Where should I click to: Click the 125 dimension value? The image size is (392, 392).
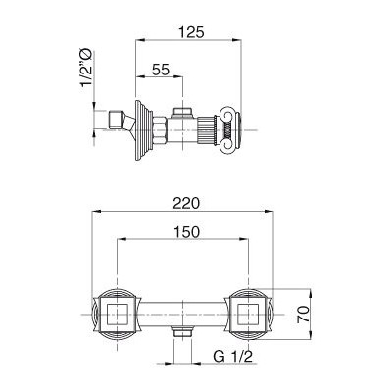point(191,32)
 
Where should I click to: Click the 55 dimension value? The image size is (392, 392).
point(161,70)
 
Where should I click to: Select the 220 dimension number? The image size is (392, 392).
point(186,203)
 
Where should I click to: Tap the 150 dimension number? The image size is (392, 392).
point(186,232)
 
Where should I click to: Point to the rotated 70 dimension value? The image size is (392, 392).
point(303,315)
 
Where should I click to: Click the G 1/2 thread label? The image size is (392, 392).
point(233,357)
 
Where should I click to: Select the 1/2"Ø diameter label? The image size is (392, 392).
point(87,68)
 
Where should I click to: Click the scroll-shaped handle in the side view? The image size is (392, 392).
point(231,129)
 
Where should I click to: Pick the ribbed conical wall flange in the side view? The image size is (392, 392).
point(143,130)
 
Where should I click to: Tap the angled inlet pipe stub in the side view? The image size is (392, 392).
point(122,122)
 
